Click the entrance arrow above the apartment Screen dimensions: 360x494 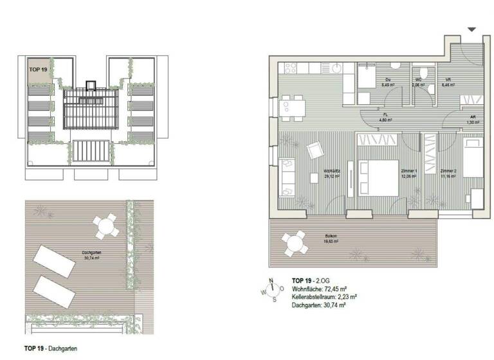pos(472,30)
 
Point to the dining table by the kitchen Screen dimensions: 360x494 pos(293,108)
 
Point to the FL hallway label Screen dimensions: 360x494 pos(385,117)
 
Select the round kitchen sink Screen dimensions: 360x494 pos(336,67)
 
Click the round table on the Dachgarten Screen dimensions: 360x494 pos(104,226)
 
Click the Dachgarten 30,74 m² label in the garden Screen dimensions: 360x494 pos(91,255)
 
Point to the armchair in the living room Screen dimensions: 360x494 pos(315,150)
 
